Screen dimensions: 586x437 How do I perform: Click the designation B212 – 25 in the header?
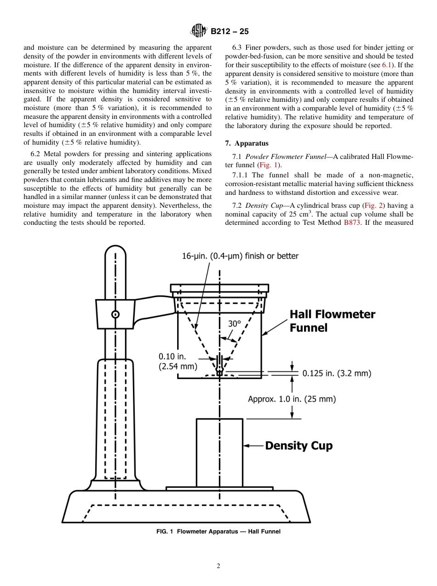(x=230, y=31)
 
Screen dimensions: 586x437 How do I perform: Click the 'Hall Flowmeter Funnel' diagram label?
(x=332, y=321)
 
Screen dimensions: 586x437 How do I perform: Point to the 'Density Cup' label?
(x=299, y=445)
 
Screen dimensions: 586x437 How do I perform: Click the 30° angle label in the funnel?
(x=235, y=324)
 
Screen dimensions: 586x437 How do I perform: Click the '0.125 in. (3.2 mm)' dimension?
(x=337, y=373)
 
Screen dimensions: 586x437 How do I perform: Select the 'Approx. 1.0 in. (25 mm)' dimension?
(x=292, y=399)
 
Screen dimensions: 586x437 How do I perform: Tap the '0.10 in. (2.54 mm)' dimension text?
(x=178, y=362)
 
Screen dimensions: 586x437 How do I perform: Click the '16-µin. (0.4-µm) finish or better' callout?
(x=240, y=256)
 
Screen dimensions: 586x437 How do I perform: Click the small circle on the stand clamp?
(x=115, y=314)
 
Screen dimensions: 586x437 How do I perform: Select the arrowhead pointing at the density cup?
(x=246, y=445)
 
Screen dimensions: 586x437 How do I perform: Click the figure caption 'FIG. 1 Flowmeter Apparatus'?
(x=218, y=531)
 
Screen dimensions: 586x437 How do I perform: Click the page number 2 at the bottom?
(x=218, y=566)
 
